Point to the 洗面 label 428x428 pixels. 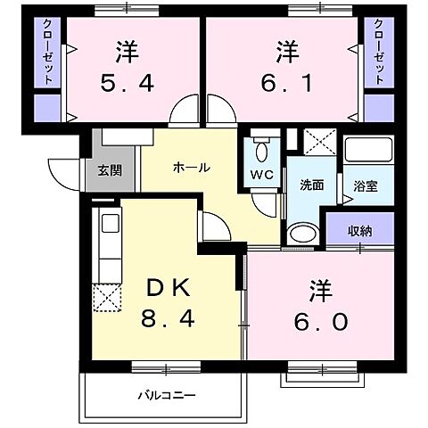point(311,186)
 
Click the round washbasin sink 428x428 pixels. point(301,235)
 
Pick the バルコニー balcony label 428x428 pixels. point(166,394)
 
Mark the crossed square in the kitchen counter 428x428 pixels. point(107,299)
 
